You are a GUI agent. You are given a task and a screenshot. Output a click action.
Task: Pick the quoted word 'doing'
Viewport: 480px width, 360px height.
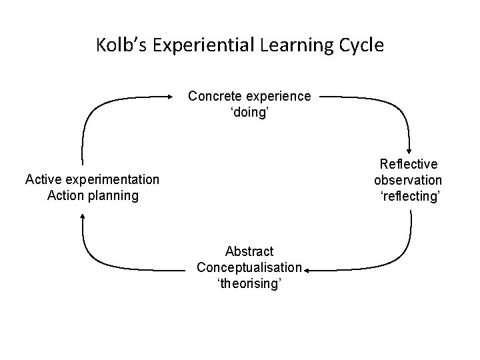point(249,113)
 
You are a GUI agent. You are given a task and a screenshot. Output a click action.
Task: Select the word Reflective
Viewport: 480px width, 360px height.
point(408,164)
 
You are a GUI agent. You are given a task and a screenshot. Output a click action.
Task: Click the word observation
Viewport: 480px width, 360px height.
point(408,180)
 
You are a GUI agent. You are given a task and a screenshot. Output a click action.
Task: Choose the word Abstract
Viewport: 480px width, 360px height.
point(249,251)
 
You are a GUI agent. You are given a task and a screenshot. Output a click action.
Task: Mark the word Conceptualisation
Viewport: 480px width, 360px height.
point(249,268)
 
